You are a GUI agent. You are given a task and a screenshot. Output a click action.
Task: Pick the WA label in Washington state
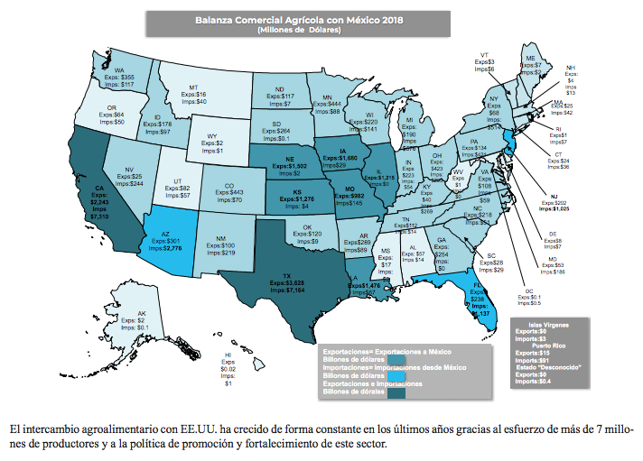pos(119,69)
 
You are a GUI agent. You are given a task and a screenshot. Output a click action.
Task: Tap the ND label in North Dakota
pos(281,88)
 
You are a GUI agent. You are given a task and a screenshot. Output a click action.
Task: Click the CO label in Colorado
pos(229,186)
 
